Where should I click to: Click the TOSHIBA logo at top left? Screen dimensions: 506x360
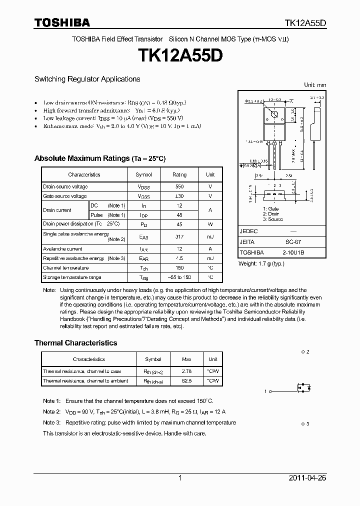coord(62,22)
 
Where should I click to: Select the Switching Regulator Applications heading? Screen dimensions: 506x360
coord(87,79)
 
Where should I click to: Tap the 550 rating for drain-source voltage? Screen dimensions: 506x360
coord(179,186)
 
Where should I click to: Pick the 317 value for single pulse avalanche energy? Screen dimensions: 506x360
coord(179,236)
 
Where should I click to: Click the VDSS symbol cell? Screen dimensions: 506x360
coord(144,187)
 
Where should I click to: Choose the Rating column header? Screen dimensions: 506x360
coord(179,174)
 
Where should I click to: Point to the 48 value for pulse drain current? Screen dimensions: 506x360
coord(179,214)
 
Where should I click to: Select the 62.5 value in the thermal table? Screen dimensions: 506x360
coord(187,380)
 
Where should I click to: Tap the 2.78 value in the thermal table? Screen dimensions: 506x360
coord(187,371)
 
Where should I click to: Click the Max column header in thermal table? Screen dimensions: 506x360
coord(187,359)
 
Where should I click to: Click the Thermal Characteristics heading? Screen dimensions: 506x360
coord(75,343)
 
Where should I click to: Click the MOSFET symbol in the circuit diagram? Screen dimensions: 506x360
coord(303,387)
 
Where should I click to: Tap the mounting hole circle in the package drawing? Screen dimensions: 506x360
coord(274,115)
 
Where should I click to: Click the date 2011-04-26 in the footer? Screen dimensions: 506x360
coord(307,478)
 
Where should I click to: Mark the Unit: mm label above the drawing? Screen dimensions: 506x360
coord(315,85)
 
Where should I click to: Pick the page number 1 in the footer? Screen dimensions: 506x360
coord(180,478)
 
